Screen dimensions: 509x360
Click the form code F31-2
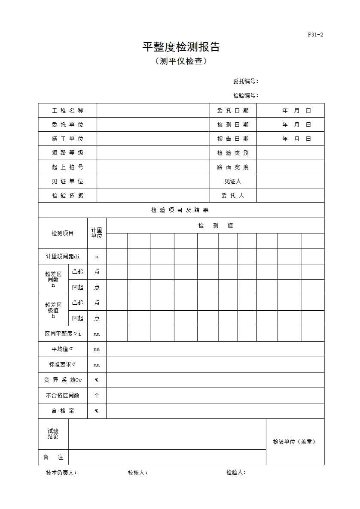click(315, 35)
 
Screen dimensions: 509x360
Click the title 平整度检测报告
click(181, 47)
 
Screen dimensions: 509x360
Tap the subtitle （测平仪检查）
click(181, 61)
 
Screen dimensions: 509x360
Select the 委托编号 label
click(245, 81)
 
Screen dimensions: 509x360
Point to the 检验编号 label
click(245, 95)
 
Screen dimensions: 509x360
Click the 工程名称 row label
click(67, 110)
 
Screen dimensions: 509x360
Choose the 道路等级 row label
click(67, 153)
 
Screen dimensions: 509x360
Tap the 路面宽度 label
click(232, 167)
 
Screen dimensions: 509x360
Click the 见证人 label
click(232, 181)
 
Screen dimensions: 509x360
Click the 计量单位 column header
click(97, 233)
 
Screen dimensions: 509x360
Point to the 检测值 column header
click(215, 225)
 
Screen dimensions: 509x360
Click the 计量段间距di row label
click(63, 256)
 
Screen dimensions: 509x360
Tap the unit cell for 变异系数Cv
click(97, 380)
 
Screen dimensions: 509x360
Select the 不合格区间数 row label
click(63, 395)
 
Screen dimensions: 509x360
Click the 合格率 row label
click(63, 411)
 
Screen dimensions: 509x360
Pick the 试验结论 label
click(53, 434)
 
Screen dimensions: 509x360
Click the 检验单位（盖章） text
click(295, 442)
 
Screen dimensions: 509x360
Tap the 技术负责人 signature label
click(61, 473)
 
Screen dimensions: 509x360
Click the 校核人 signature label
click(137, 473)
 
